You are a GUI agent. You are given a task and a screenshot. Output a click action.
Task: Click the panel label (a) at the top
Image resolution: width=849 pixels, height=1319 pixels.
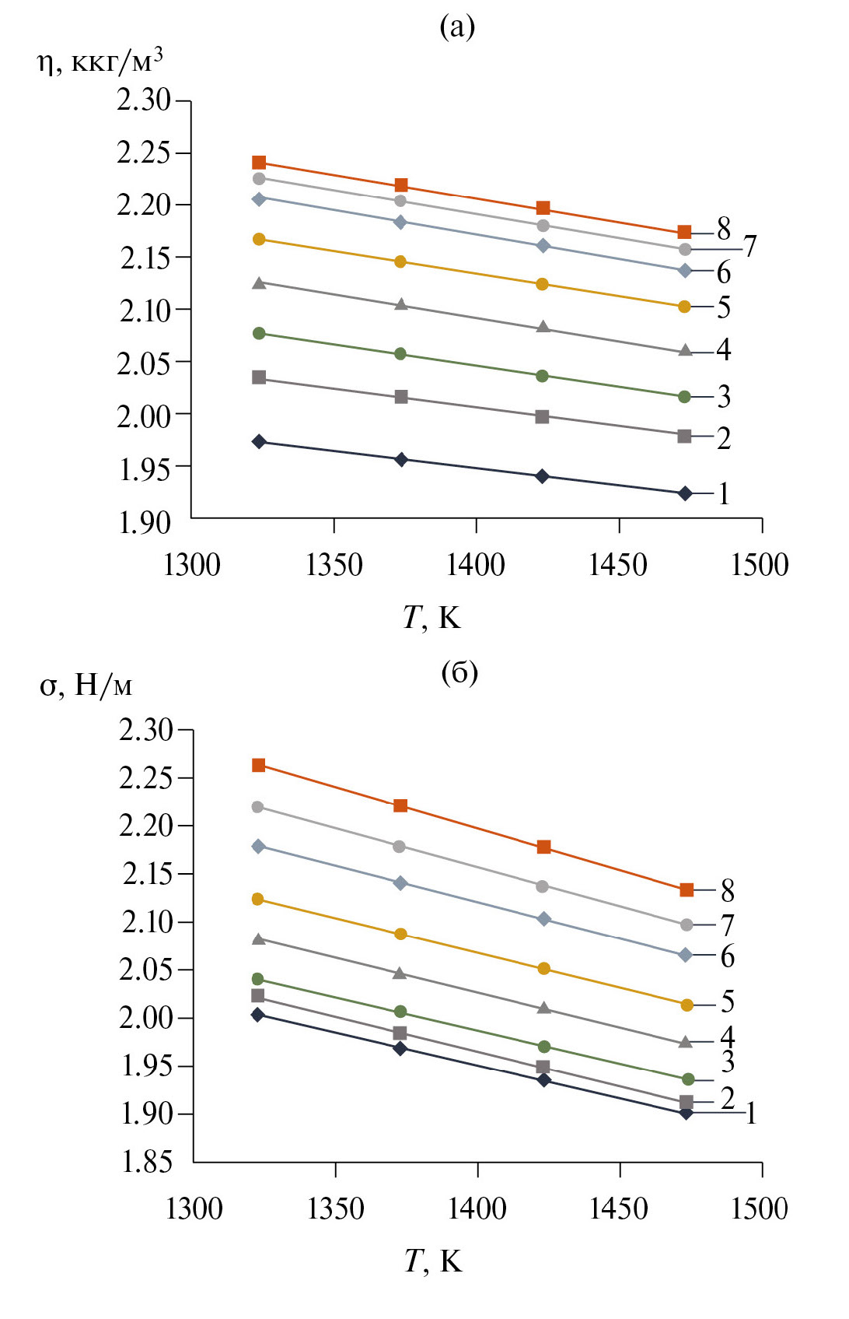457,26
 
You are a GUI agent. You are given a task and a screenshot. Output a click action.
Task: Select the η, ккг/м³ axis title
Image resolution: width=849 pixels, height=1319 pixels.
100,60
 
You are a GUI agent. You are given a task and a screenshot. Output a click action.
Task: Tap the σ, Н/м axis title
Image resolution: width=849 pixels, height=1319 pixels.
86,685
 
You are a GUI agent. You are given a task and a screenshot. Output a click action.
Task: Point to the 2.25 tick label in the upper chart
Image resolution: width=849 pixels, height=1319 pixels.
143,153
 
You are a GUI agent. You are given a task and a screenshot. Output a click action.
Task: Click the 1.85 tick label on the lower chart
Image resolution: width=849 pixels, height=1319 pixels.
146,1161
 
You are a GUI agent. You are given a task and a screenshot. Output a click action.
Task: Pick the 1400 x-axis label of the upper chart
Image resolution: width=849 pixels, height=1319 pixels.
476,564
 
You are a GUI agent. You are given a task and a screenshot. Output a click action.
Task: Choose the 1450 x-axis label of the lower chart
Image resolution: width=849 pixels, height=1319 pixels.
619,1208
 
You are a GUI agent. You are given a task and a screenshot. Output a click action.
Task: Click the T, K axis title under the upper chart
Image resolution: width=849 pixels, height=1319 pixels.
432,617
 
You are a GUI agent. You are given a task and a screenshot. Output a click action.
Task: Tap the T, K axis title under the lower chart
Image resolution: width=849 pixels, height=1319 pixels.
433,1261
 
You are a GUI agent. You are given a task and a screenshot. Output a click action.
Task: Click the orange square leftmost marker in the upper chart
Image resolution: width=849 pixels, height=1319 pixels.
259,163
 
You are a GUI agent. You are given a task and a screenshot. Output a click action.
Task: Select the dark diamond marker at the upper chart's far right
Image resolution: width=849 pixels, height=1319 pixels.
685,493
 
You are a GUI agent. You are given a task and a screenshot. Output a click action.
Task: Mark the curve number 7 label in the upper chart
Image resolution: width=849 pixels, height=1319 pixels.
750,246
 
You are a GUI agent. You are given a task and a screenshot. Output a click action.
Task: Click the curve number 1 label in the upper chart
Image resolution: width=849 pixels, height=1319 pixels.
724,493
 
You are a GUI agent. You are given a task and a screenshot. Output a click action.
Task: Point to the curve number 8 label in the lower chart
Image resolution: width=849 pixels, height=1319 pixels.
728,889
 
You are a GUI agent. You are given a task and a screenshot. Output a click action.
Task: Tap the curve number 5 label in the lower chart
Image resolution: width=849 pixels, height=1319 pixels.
728,1002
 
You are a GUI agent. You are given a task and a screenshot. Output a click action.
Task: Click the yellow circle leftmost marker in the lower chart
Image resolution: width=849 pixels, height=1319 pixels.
258,900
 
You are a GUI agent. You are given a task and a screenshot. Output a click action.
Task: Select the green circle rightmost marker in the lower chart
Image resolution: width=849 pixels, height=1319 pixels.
687,1079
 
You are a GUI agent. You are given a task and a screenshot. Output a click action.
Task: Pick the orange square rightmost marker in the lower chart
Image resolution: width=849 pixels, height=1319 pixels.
687,889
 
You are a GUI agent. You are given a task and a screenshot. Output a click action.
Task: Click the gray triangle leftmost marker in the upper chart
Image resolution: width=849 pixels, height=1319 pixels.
259,282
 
